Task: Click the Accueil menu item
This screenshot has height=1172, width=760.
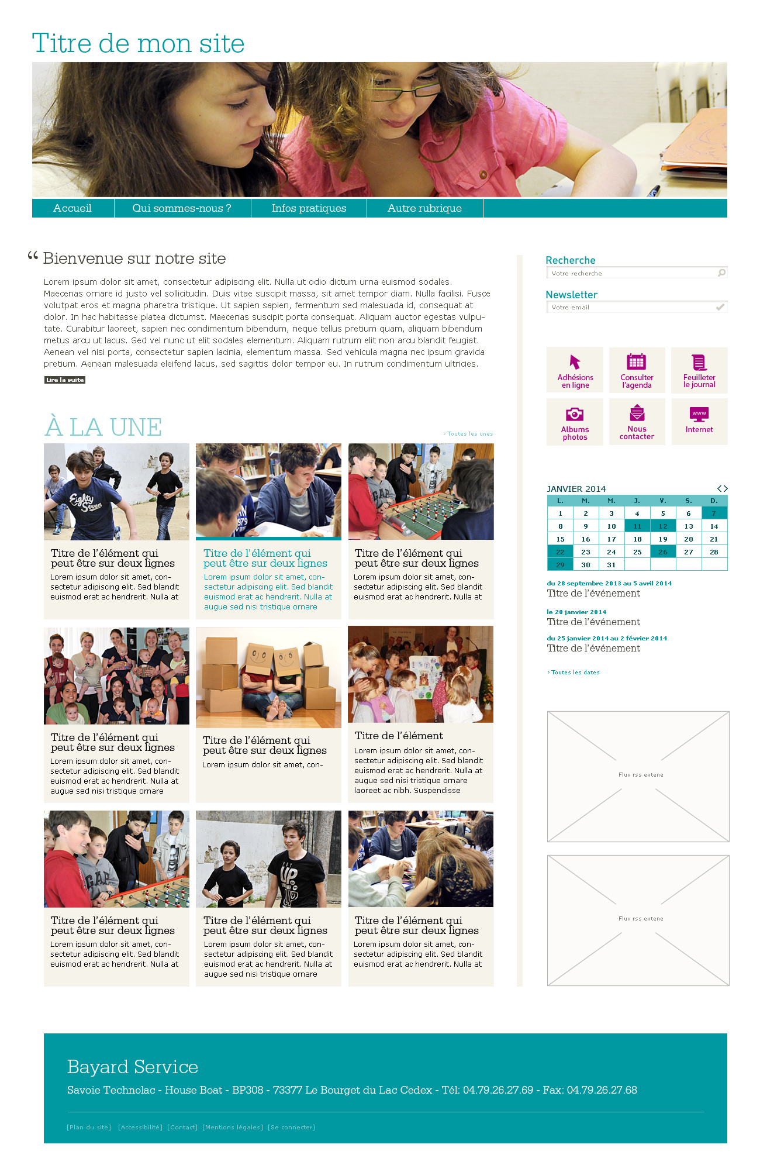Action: [72, 208]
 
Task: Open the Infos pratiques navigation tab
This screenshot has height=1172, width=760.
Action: [309, 208]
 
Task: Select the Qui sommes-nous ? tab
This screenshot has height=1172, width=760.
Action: [182, 208]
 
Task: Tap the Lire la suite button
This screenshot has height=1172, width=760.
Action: [65, 380]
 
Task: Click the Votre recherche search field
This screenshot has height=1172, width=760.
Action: [631, 273]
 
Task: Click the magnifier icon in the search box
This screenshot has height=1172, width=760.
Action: [722, 273]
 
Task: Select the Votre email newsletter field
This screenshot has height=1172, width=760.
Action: [631, 307]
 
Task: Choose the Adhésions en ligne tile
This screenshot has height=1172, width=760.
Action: [575, 370]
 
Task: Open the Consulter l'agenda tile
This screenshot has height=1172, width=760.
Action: [637, 370]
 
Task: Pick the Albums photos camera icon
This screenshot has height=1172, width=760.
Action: [575, 415]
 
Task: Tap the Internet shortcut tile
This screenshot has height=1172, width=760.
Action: [699, 422]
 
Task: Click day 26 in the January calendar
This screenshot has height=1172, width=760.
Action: [663, 551]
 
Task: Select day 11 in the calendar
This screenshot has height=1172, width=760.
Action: [637, 526]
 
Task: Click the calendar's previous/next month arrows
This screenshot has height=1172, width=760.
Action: [723, 488]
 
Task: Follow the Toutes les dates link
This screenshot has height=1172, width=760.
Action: [575, 673]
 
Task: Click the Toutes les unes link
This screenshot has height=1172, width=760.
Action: [469, 434]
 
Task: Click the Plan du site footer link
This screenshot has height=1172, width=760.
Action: [89, 1127]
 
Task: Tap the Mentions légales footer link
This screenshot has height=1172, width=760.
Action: [233, 1127]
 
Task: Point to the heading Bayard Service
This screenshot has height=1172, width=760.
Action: [133, 1067]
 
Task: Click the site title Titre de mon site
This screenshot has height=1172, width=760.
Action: [138, 43]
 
